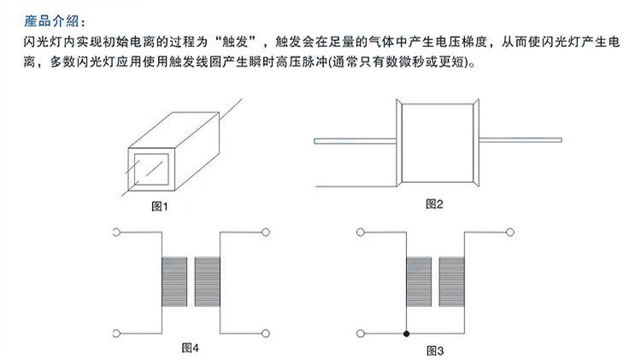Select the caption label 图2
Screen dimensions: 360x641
(x=435, y=203)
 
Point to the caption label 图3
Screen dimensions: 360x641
(x=435, y=351)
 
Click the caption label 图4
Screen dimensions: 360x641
(x=191, y=347)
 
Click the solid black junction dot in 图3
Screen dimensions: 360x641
(x=407, y=332)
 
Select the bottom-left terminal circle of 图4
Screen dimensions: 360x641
(x=115, y=331)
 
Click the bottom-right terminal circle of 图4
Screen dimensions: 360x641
(x=267, y=332)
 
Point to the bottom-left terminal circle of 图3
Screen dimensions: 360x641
(x=360, y=332)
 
